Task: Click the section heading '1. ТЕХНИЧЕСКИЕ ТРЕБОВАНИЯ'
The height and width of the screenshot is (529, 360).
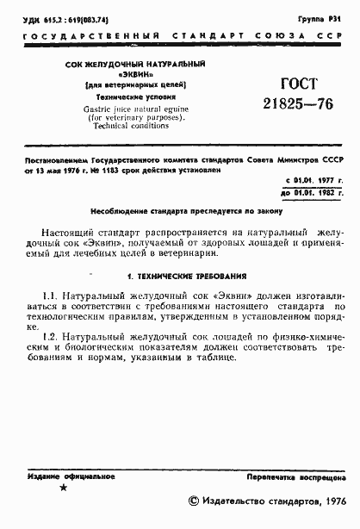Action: coord(186,277)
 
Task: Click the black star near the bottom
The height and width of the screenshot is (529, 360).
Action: coord(61,489)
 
